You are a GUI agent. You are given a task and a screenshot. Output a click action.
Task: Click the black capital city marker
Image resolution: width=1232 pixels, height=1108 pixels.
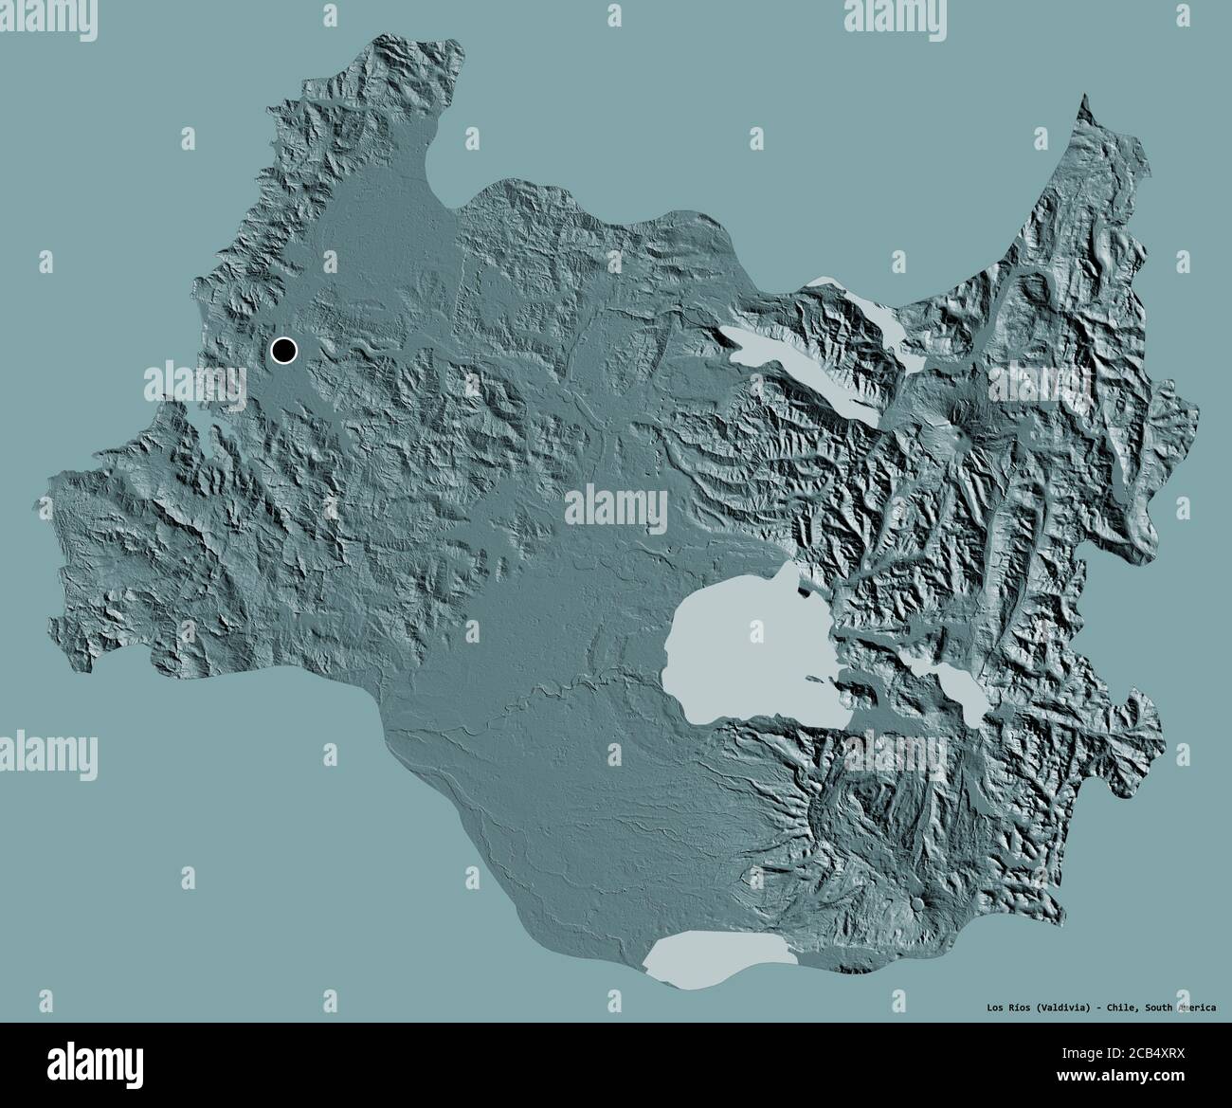[x=283, y=351]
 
